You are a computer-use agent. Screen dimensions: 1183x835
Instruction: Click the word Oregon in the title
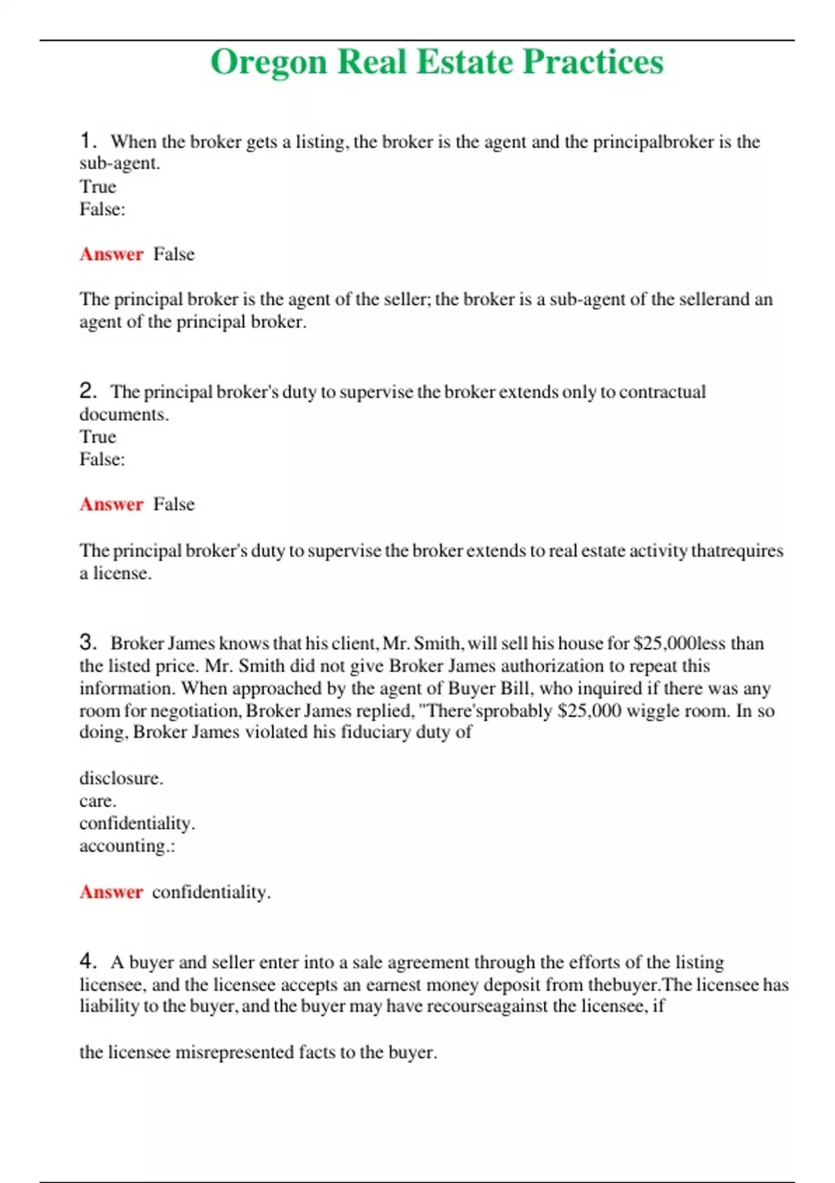pos(269,63)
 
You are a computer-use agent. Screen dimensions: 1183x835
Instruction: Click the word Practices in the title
pos(593,63)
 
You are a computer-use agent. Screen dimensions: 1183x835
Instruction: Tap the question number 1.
pos(87,141)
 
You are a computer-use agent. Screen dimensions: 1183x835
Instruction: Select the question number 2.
pos(87,390)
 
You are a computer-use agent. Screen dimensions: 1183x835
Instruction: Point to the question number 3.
pos(87,642)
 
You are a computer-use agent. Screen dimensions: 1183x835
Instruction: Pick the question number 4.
pos(87,961)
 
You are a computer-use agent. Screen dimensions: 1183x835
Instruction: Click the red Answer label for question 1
pos(111,254)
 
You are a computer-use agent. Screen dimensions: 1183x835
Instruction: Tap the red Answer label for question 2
pos(111,504)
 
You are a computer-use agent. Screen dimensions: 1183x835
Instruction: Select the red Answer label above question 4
pos(111,891)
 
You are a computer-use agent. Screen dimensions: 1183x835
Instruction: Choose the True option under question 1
pos(97,186)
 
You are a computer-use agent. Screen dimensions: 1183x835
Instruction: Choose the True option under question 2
pos(97,436)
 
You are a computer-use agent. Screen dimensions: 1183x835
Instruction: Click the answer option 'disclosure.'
pos(121,778)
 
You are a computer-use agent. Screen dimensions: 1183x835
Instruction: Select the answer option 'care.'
pos(97,801)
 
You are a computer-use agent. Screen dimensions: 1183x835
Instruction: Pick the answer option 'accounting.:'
pos(127,845)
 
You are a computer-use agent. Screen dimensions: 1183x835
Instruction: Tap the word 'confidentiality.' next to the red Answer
pos(211,892)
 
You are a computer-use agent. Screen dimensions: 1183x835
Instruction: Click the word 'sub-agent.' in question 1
pos(120,164)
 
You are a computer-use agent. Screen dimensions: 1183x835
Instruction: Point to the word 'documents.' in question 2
pos(124,414)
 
